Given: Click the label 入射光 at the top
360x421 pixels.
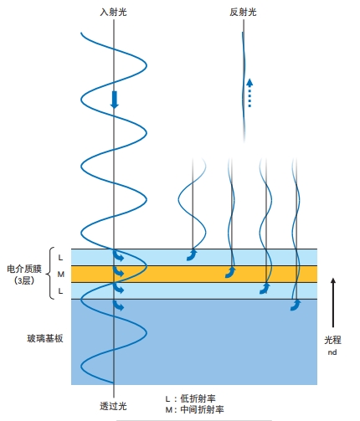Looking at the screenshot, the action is coord(113,12).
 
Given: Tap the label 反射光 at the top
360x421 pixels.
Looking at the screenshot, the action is coord(243,12).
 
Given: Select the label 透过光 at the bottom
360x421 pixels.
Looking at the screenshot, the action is coord(113,406).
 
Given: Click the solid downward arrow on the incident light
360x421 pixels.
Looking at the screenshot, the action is coord(114,100).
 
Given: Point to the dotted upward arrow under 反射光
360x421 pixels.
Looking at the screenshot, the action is coord(249,93).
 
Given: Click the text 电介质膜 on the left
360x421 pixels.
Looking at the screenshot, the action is coord(24,269).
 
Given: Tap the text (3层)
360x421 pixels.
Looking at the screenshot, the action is coord(24,280).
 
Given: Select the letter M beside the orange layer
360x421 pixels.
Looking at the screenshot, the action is coord(61,275).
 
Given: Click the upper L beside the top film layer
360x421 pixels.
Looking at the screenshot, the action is coord(60,258).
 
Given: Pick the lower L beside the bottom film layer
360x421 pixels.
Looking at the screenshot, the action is coord(60,291).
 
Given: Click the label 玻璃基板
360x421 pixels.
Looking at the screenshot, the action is coord(45,338).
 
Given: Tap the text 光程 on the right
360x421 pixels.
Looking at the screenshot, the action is coord(332,340).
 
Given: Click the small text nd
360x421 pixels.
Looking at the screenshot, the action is coord(332,352).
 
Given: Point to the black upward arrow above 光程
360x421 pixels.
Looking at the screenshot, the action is coord(333,302).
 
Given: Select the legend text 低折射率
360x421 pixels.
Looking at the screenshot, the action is coord(198,398).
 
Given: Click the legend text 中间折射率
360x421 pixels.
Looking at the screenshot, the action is coord(202,409).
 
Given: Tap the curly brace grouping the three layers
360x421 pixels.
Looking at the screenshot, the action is coord(50,274).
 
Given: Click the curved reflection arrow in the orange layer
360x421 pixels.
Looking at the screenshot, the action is coord(230,273).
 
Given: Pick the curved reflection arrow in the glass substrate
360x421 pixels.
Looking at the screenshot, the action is coord(296,305).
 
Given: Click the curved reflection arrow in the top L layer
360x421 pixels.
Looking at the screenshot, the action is coord(192,255).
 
